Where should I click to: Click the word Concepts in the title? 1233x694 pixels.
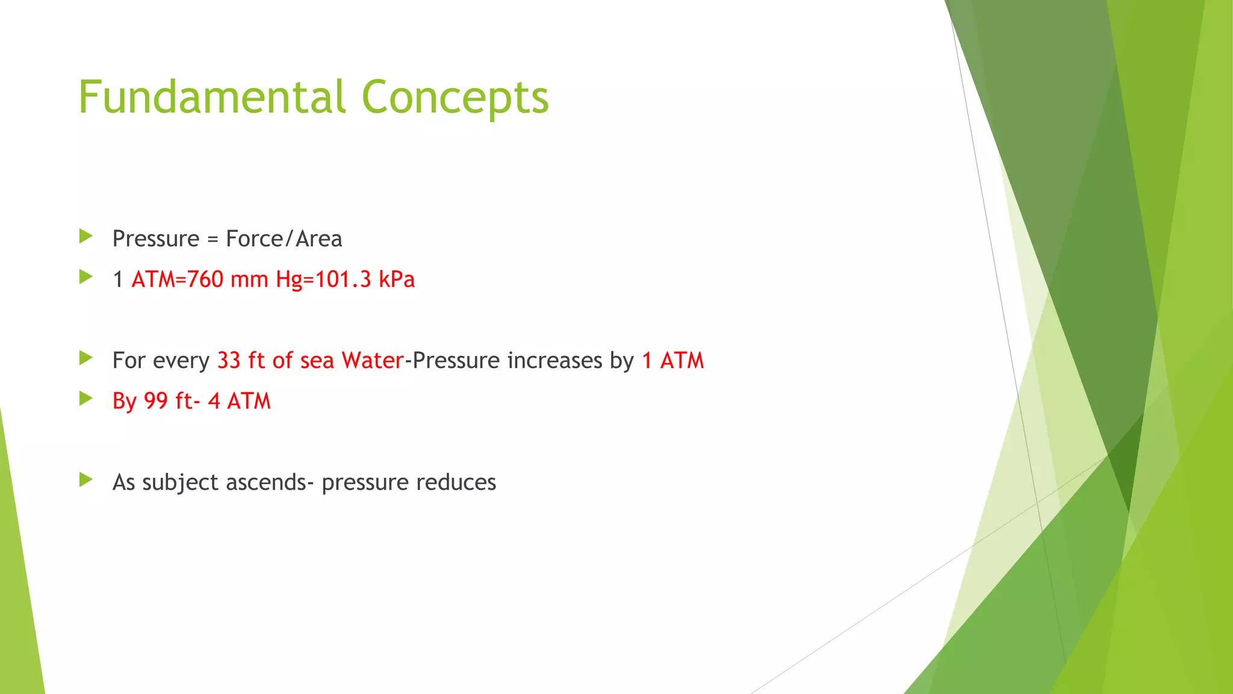click(455, 98)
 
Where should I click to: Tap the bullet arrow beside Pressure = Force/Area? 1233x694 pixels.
click(85, 236)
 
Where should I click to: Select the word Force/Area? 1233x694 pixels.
click(284, 239)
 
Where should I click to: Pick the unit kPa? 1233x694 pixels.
click(397, 280)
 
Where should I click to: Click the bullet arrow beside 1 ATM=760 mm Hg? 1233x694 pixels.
click(85, 277)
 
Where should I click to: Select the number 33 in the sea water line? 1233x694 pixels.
click(229, 360)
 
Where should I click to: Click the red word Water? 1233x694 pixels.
click(372, 360)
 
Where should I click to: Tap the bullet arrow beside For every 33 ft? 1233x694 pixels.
click(85, 358)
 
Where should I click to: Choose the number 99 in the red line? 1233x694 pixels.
click(156, 401)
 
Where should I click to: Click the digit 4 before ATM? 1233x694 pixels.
click(214, 401)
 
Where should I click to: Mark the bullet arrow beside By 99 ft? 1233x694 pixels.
click(85, 399)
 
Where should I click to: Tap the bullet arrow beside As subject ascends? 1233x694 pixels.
click(85, 480)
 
